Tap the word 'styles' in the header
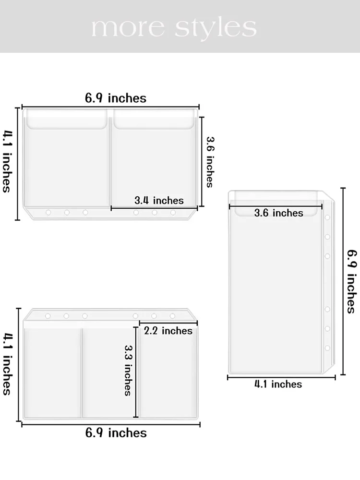[216, 29]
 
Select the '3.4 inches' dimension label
[159, 201]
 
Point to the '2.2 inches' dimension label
[168, 331]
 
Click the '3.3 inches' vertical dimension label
[128, 371]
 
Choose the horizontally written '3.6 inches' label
[278, 213]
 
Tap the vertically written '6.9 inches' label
[352, 282]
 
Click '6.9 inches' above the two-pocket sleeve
[116, 98]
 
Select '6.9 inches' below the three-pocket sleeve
[116, 433]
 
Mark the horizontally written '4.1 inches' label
[278, 384]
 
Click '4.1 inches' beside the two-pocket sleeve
[7, 162]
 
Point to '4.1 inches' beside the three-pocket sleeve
[7, 364]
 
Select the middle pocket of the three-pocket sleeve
[110, 372]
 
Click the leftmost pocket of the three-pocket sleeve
[53, 372]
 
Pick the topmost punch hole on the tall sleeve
[327, 217]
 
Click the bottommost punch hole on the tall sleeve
[327, 348]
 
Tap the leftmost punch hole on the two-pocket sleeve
[48, 213]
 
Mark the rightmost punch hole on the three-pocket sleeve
[172, 316]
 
